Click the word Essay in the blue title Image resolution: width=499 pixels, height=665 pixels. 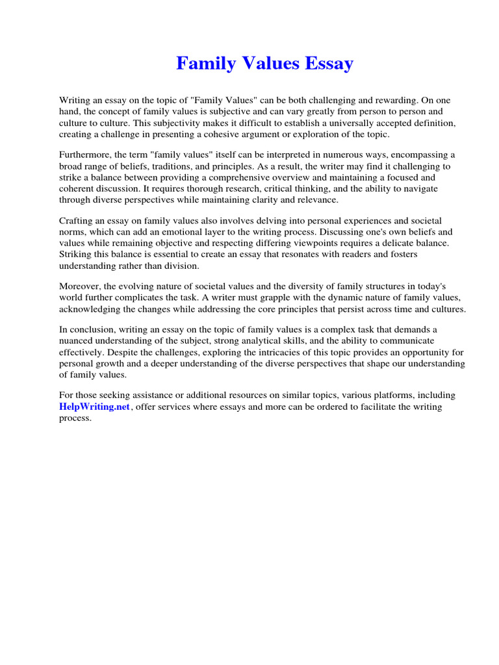click(x=328, y=64)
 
